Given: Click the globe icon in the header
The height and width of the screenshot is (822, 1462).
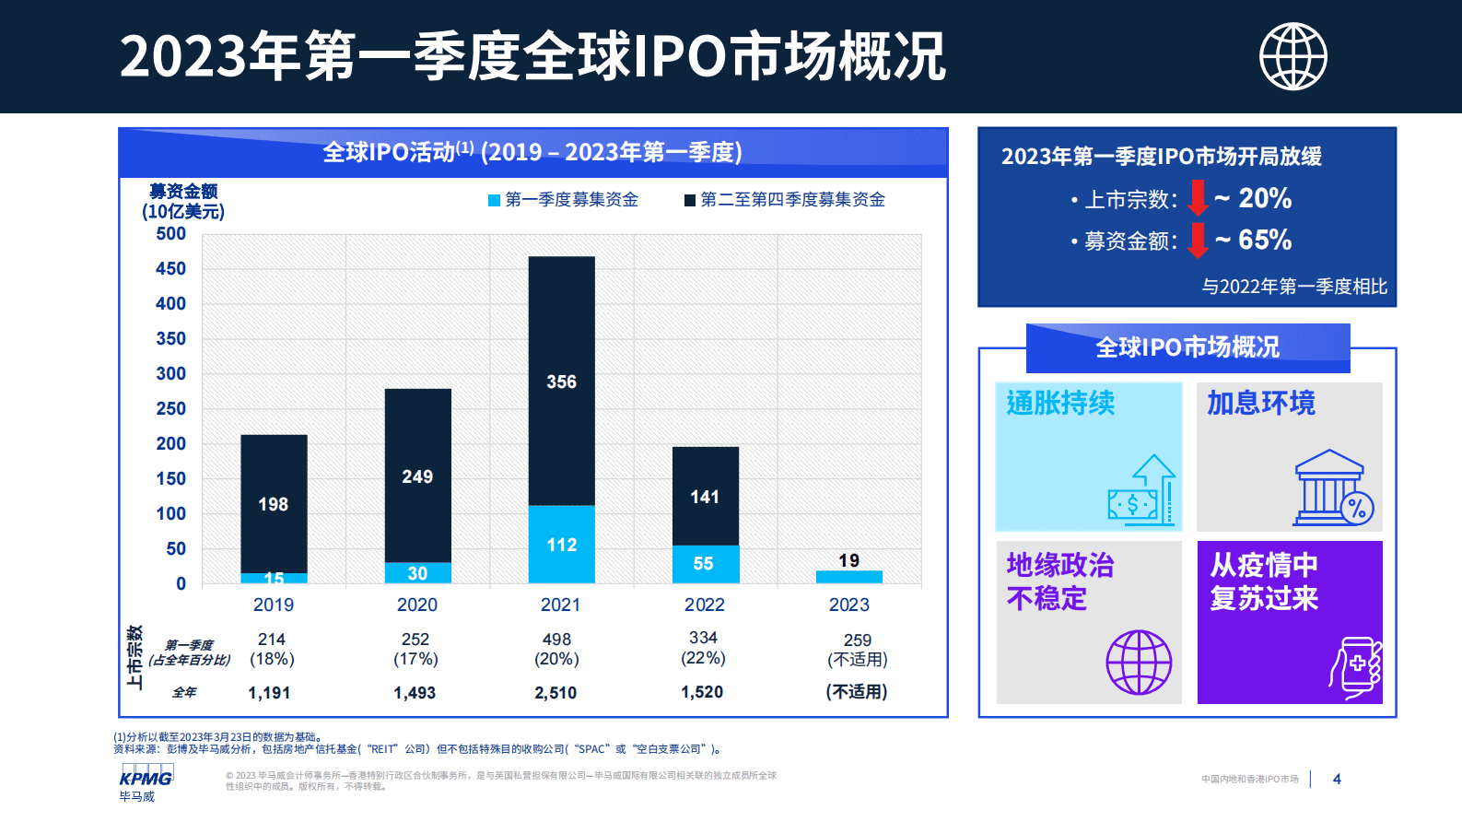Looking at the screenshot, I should click(1292, 56).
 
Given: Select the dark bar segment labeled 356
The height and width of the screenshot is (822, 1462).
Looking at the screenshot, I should click(561, 381).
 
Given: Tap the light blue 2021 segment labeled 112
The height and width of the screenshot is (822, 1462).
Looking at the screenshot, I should click(561, 544).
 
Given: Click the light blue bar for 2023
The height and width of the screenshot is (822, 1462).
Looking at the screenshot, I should click(848, 577).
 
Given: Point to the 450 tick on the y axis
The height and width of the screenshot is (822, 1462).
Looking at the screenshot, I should click(170, 268).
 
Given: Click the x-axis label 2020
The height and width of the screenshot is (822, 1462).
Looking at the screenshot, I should click(416, 605).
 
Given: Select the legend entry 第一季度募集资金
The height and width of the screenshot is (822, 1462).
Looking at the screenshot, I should click(563, 200).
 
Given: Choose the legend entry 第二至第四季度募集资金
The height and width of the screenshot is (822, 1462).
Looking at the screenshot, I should click(784, 200).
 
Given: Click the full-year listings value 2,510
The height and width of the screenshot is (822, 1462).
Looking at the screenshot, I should click(556, 692).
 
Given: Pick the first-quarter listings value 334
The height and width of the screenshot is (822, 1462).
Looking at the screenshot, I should click(703, 638).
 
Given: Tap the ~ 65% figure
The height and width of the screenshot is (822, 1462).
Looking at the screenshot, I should click(1264, 240).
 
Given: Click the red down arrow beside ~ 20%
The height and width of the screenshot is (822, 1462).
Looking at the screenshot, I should click(1198, 198).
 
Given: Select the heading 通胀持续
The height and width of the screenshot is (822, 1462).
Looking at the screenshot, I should click(1060, 403).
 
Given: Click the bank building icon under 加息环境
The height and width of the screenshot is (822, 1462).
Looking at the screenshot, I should click(1332, 488).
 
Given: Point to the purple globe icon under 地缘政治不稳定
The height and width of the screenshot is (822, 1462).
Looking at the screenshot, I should click(1139, 662).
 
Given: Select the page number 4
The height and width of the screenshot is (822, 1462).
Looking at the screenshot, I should click(1337, 780).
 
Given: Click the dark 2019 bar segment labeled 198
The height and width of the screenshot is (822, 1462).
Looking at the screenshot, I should click(274, 503).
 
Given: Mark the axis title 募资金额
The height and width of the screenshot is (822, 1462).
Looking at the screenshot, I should click(183, 192).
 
